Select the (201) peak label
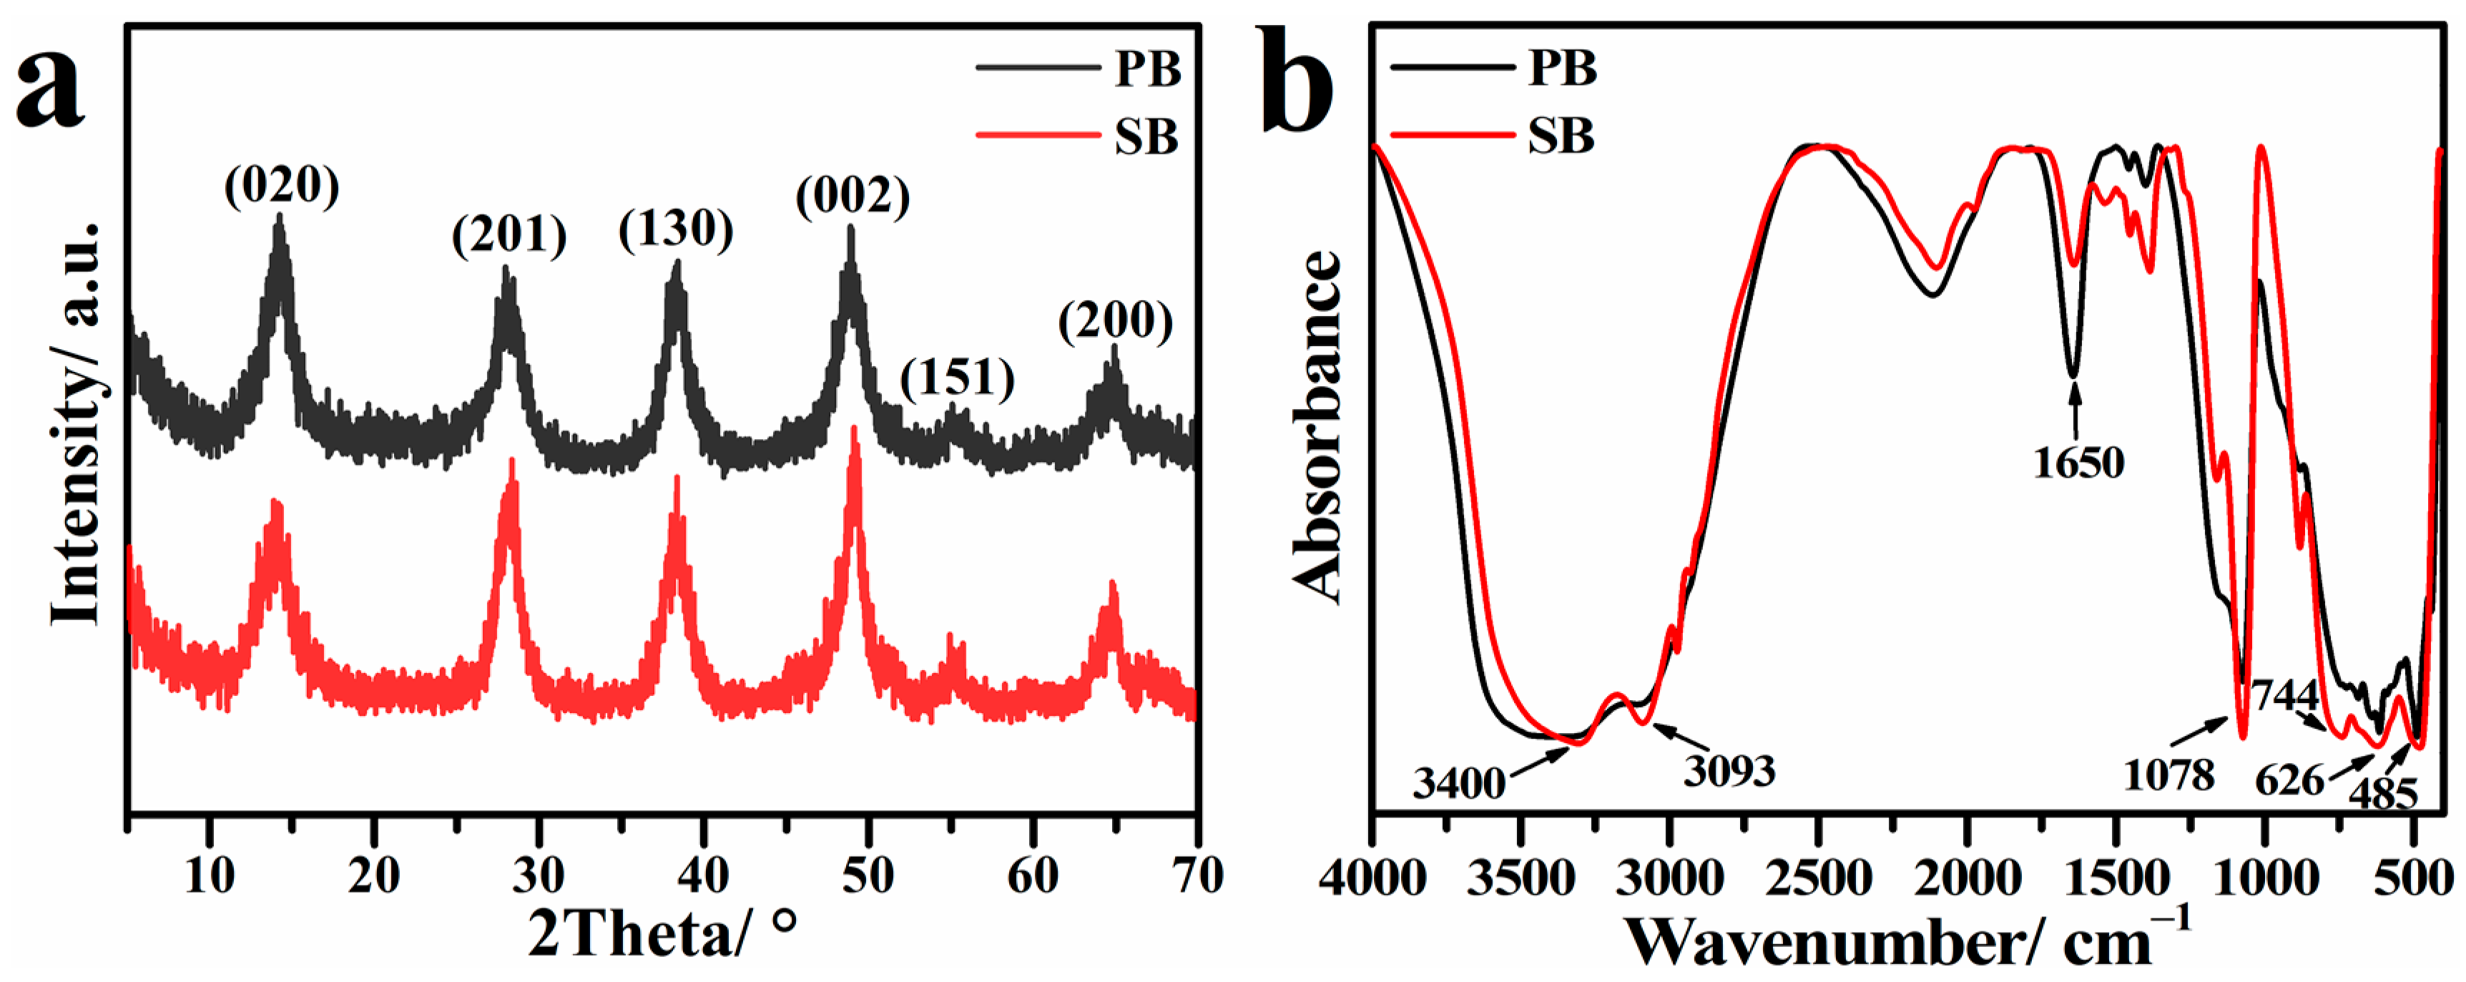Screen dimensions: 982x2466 coord(509,235)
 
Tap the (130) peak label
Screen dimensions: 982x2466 coord(676,229)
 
